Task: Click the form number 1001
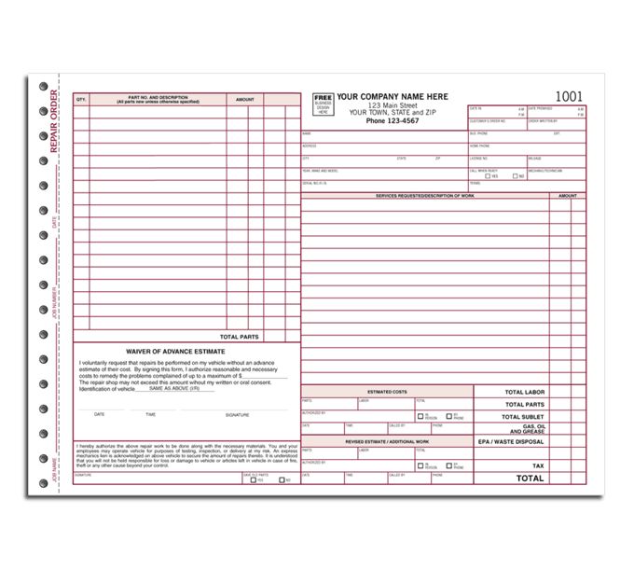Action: click(x=570, y=97)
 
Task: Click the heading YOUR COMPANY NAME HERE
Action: click(x=392, y=97)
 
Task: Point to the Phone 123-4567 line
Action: click(x=392, y=120)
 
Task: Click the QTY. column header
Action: click(x=81, y=98)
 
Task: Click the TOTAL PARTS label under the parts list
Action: click(x=239, y=336)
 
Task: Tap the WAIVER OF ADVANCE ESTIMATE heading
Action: click(x=177, y=352)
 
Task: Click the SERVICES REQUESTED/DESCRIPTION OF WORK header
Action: click(x=424, y=196)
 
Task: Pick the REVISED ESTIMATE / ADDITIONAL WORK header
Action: click(x=386, y=441)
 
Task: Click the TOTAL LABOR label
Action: click(x=525, y=393)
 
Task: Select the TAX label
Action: click(x=538, y=465)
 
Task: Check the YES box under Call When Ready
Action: click(x=487, y=175)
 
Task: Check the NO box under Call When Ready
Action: click(x=515, y=175)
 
